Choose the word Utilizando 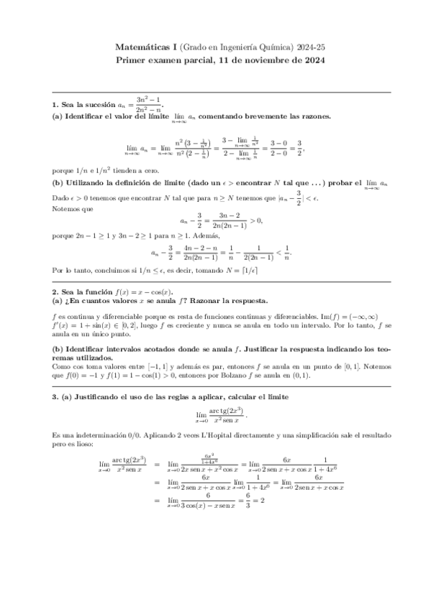(83, 185)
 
